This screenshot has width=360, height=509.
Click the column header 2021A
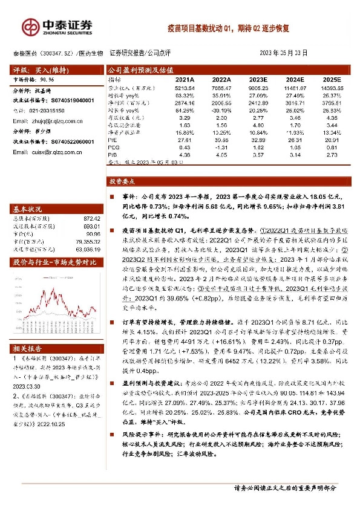point(185,79)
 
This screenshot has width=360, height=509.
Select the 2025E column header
point(332,79)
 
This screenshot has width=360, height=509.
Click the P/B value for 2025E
point(332,154)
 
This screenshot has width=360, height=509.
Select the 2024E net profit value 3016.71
point(295,103)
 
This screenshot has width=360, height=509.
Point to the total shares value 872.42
point(91,218)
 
